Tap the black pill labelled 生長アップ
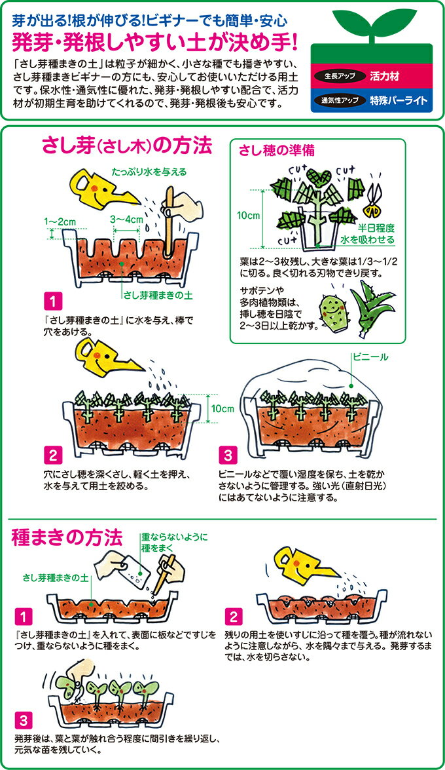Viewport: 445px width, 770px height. click(340, 77)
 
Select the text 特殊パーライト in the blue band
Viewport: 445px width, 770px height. click(398, 101)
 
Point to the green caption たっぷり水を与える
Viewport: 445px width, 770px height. click(149, 172)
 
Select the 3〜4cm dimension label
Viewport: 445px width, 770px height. click(126, 219)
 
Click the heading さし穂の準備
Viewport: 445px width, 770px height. click(277, 150)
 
